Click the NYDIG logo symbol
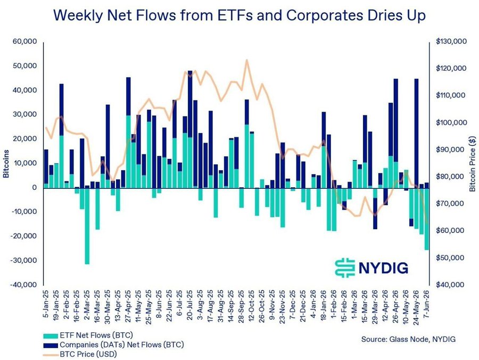tap(345, 268)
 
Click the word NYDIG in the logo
tap(383, 268)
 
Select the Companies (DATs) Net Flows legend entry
tap(114, 345)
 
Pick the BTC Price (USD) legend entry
tap(80, 355)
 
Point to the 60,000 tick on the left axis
tap(24, 41)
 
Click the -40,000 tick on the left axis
tap(23, 284)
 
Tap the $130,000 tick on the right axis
tap(451, 41)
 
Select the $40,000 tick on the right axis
tap(450, 284)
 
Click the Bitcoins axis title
tap(6, 164)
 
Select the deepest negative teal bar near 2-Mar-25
tap(87, 226)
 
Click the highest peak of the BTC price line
tap(247, 60)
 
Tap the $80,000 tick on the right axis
tap(450, 177)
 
